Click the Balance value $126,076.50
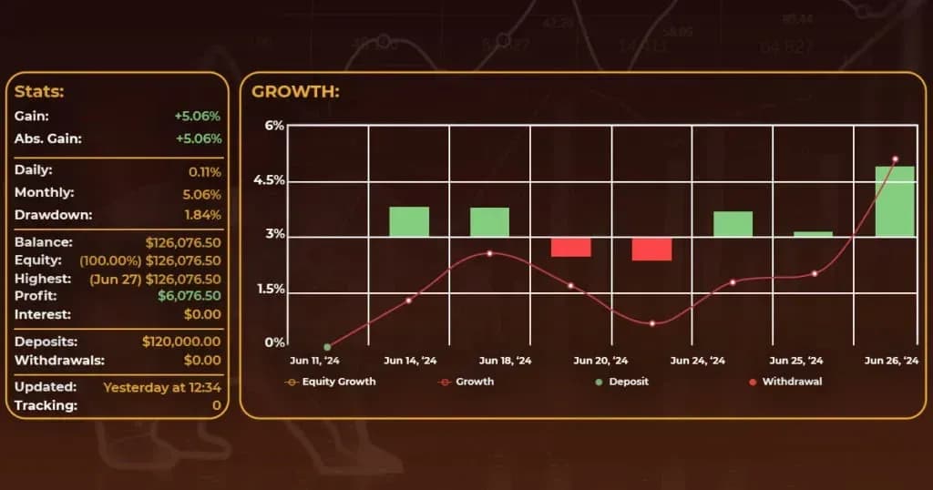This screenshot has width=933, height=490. point(182,243)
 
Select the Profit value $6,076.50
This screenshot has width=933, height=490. point(189,296)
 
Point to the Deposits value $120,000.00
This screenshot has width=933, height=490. point(181,342)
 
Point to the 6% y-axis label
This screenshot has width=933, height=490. point(274,126)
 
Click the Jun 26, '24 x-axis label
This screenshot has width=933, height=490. point(890,361)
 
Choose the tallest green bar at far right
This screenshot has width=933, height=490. point(895,201)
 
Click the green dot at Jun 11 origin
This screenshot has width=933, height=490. point(327,347)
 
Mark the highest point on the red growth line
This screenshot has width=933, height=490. point(895,159)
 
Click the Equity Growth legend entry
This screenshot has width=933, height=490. point(337,382)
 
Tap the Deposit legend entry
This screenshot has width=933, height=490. point(628,382)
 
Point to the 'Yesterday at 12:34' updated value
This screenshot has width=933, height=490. point(162,387)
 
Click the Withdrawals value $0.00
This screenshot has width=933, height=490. point(202,360)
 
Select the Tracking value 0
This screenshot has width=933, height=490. point(216,405)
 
